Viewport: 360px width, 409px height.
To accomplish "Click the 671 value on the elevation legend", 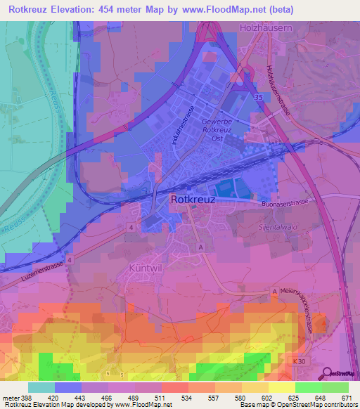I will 345,398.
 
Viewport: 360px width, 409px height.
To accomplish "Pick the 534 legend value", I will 186,398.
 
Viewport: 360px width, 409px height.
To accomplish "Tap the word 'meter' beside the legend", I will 9,398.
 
